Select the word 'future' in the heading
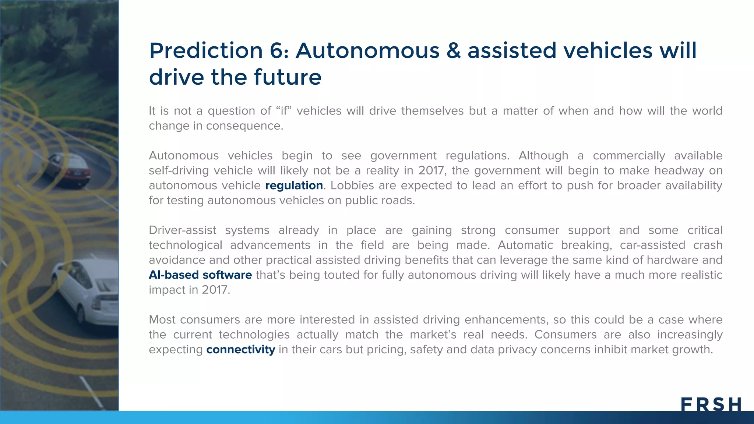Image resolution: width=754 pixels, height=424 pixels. point(288,77)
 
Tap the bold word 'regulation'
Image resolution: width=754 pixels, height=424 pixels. point(294,185)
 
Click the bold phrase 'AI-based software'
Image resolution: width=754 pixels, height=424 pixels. point(200,275)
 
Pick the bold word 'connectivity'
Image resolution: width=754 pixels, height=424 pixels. point(240,349)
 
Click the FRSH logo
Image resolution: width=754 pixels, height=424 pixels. point(711,404)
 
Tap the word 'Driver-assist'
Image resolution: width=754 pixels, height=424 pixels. point(182,230)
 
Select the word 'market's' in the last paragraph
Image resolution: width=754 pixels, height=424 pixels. point(433,335)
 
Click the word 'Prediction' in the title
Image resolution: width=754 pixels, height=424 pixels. point(206,50)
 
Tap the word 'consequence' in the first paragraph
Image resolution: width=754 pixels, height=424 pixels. point(244,126)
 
